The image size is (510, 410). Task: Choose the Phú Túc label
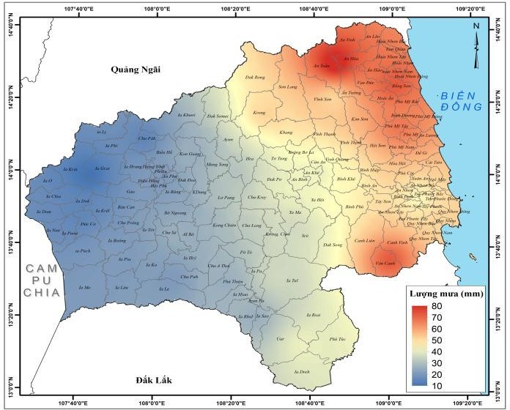coord(336,339)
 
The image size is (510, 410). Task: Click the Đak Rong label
coord(254,77)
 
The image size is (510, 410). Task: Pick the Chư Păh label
coord(147,138)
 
